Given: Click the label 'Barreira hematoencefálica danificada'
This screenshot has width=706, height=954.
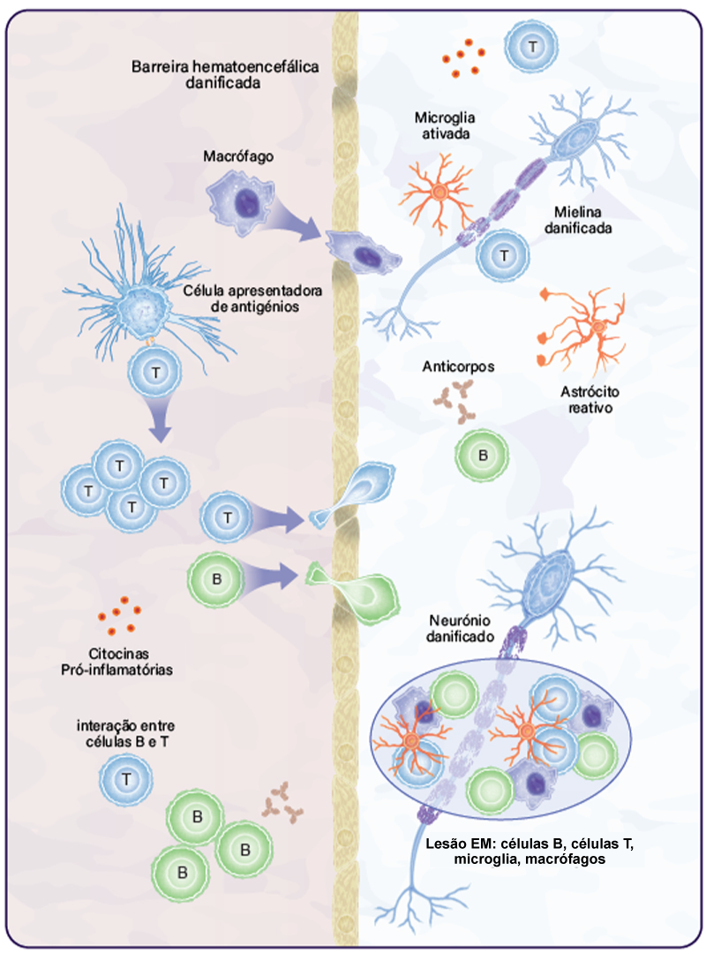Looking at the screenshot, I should click(x=225, y=75).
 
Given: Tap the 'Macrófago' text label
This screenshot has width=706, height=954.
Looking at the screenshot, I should click(x=237, y=156).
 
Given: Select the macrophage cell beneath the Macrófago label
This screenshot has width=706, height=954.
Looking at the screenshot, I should click(x=239, y=202).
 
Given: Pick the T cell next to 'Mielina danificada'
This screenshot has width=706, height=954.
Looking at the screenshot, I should click(x=504, y=255).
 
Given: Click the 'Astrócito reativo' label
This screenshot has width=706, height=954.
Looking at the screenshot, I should click(x=587, y=401).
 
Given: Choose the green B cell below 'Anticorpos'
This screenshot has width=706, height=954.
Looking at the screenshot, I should click(x=482, y=456).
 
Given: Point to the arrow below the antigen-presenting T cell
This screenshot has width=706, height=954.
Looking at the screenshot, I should click(x=160, y=419).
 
